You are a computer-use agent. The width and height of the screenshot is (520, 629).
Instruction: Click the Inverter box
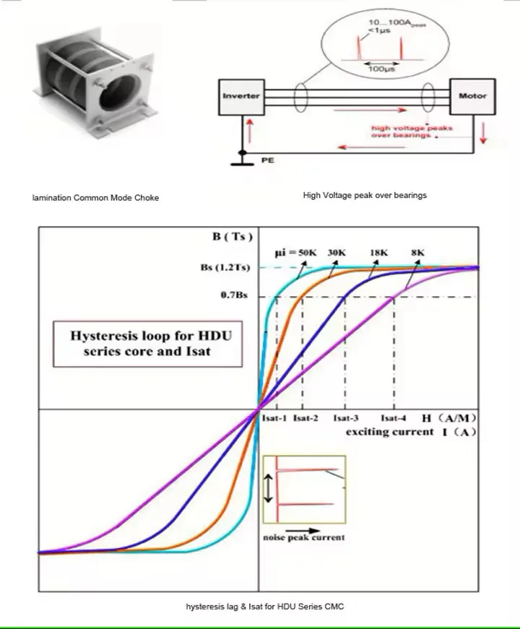tap(240, 96)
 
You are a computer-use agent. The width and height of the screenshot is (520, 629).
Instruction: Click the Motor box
tap(472, 96)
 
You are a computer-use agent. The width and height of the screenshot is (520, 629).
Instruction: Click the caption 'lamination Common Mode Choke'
tap(95, 198)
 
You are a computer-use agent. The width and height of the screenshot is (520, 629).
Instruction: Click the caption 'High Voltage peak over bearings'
tap(365, 196)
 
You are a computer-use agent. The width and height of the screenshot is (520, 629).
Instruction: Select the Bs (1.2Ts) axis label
tap(224, 268)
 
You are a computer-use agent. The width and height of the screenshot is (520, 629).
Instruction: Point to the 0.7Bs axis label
tap(233, 296)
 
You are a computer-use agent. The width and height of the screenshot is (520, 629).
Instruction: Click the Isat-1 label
tap(274, 419)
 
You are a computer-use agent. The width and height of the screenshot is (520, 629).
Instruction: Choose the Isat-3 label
tap(346, 419)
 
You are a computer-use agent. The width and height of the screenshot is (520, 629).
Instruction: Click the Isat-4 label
tap(394, 419)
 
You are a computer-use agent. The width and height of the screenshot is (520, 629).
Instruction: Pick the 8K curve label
tap(417, 252)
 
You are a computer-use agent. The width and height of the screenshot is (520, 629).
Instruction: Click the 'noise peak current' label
tap(303, 537)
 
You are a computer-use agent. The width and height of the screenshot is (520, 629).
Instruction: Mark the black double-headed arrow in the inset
tap(269, 489)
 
